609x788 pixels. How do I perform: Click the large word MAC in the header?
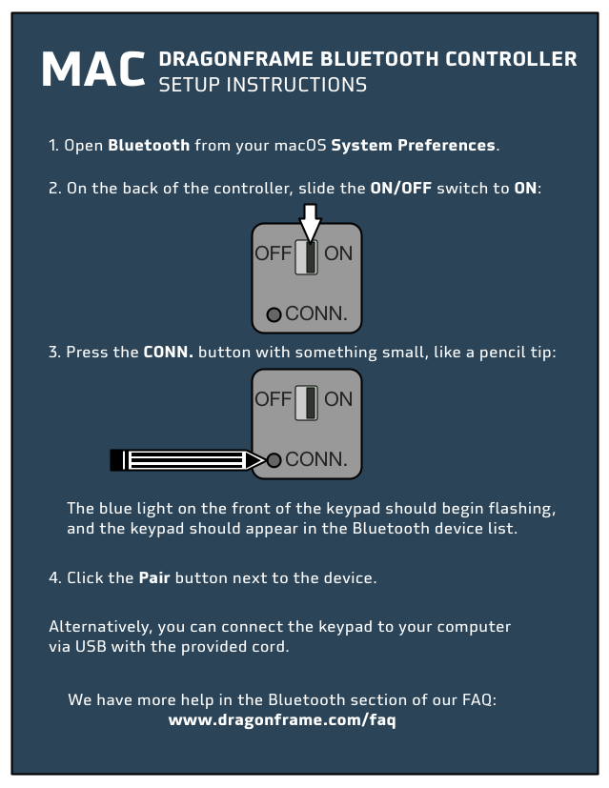tap(93, 69)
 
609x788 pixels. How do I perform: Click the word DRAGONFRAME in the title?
tap(236, 59)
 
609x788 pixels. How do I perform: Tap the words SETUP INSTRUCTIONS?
tap(263, 85)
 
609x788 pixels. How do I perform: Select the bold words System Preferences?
tap(413, 145)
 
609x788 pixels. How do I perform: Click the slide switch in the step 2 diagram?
tap(306, 257)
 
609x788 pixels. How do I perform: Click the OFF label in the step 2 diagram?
tap(273, 253)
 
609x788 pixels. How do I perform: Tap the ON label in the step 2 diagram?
tap(338, 253)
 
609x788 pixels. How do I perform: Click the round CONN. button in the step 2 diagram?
tap(274, 314)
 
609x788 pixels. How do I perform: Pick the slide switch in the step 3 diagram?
tap(306, 403)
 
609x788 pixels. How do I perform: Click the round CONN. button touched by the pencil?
tap(274, 460)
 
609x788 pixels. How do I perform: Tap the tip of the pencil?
tap(264, 460)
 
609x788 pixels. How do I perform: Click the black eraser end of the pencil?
tap(116, 460)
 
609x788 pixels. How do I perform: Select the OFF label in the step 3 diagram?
tap(273, 399)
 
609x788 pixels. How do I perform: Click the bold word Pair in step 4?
tap(154, 577)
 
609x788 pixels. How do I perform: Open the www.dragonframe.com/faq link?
tap(282, 720)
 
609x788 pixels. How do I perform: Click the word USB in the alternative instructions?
tap(91, 646)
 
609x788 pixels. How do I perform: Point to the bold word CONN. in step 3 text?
tap(169, 352)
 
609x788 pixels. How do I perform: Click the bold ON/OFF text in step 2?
tap(401, 188)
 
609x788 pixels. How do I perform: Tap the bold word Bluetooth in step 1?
tap(149, 145)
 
